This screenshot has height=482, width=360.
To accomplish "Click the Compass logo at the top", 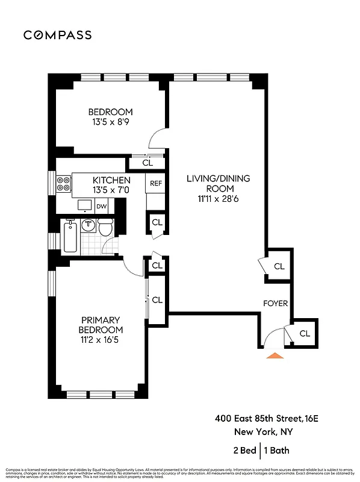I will click(x=58, y=35).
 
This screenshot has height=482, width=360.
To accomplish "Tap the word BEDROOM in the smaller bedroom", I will click(x=110, y=112).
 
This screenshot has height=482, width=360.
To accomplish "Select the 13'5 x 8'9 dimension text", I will click(x=110, y=122).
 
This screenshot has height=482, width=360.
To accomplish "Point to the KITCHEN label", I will click(x=111, y=180).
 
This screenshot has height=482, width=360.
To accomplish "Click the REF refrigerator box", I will click(x=156, y=183).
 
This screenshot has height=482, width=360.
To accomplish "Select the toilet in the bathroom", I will click(x=106, y=228).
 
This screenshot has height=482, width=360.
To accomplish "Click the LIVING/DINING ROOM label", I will click(x=218, y=183).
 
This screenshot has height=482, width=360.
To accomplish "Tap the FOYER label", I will click(x=275, y=303).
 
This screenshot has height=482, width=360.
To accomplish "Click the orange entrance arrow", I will click(x=275, y=356).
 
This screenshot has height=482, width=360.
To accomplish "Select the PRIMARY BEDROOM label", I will click(x=100, y=325).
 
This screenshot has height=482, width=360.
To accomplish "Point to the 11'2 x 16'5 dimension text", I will click(x=100, y=340).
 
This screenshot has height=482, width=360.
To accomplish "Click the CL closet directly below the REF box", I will click(x=157, y=222).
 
